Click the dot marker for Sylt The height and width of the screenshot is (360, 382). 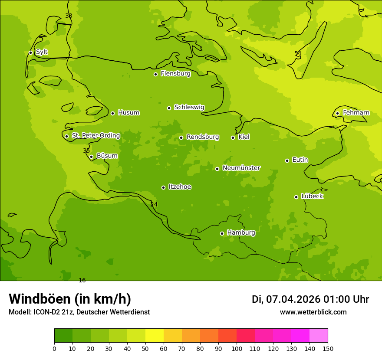30,52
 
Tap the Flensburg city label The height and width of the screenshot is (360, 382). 175,74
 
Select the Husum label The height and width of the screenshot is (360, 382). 128,113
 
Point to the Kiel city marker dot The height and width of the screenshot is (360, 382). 233,137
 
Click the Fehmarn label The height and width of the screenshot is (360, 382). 356,113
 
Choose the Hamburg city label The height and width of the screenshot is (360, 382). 241,233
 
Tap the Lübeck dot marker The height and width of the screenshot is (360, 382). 296,197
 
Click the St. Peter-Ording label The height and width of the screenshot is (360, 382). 95,136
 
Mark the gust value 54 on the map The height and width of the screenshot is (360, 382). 298,54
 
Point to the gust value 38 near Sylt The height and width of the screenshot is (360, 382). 69,16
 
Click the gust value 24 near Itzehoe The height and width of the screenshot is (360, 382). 154,205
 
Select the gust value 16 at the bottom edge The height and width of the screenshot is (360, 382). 82,281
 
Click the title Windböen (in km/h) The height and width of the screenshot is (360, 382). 70,299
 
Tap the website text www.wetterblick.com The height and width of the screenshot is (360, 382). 313,312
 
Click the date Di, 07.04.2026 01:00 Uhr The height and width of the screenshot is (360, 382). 310,299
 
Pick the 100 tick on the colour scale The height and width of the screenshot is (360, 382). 237,348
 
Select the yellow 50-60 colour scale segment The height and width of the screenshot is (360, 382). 155,336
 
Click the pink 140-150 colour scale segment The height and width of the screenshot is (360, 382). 319,336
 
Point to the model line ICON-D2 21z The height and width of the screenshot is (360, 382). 79,312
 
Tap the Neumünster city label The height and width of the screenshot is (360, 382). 241,168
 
